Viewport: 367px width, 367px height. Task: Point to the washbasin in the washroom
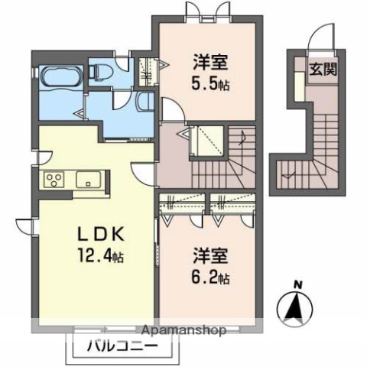point(145,101)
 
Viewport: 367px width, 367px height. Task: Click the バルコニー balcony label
point(117,346)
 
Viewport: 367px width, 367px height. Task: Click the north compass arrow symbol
point(297,310)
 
